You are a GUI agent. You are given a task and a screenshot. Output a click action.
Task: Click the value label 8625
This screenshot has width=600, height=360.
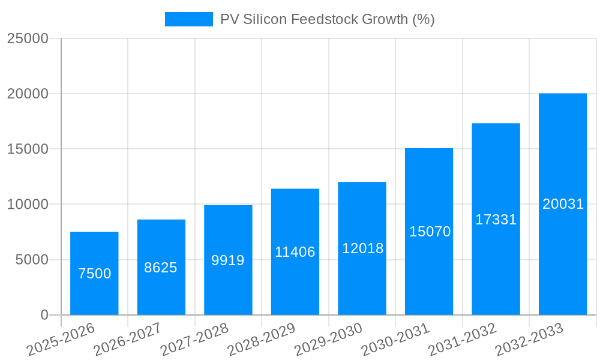coord(161,268)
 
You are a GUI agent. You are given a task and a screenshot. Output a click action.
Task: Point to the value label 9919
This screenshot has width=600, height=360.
coord(228,260)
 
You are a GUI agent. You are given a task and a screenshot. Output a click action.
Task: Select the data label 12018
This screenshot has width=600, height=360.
coord(362,248)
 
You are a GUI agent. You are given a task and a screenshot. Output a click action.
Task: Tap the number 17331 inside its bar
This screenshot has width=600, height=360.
coord(496,220)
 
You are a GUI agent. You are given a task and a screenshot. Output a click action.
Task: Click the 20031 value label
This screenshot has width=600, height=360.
coord(563,204)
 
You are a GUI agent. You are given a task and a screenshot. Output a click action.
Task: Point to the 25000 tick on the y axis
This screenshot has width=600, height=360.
coord(27,38)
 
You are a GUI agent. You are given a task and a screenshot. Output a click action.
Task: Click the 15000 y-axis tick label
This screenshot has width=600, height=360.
coord(27,149)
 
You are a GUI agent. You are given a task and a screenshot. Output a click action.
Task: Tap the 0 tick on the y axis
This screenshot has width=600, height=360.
coord(44,315)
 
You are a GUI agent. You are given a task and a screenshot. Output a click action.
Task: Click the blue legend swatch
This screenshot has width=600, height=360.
coord(188,19)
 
